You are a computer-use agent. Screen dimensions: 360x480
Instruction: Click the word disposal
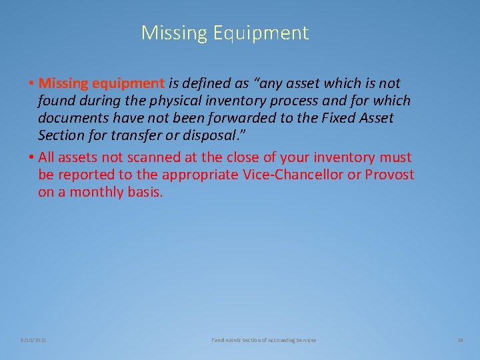coord(215,135)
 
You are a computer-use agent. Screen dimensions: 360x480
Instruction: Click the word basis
coord(145,192)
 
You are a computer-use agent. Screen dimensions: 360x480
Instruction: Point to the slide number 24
coord(460,340)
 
